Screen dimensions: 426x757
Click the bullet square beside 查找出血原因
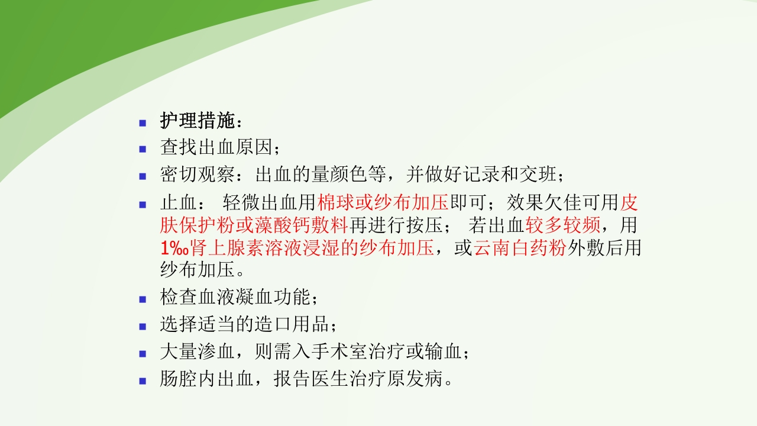coord(143,149)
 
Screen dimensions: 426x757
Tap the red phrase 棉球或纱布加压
coord(383,203)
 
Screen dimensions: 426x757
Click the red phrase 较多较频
coord(563,225)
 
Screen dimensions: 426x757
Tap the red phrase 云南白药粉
coord(520,248)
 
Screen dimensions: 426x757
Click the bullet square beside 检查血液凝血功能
coord(143,299)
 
